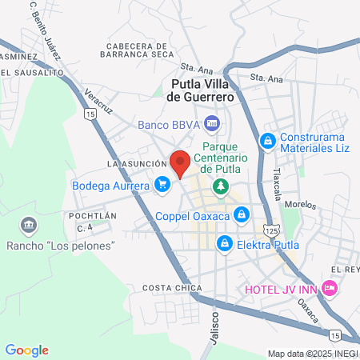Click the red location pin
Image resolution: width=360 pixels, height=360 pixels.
tap(181, 162)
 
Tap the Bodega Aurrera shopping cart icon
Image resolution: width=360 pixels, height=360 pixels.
tap(163, 186)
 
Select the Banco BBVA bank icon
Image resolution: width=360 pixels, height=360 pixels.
tap(212, 124)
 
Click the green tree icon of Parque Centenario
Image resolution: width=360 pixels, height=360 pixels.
tap(220, 186)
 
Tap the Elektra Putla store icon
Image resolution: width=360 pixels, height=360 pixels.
tap(226, 242)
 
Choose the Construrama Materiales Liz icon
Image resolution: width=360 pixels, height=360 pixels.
tap(267, 141)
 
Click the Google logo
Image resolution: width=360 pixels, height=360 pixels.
tap(27, 350)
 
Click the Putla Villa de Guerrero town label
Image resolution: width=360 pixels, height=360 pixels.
tap(202, 90)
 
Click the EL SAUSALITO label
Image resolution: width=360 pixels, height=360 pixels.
tap(31, 72)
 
